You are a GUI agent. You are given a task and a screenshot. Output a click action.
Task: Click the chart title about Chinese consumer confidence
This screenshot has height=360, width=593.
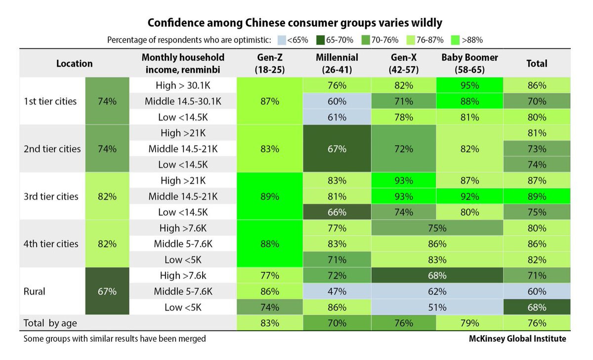tap(295, 23)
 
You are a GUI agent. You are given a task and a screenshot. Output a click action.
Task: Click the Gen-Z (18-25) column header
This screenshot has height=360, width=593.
tap(270, 63)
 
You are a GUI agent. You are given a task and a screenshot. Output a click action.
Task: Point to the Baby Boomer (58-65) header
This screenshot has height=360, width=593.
tap(469, 63)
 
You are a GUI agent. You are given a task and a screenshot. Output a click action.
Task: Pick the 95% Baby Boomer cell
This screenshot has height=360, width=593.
tap(469, 85)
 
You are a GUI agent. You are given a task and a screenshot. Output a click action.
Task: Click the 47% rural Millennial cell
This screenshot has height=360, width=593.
tap(337, 291)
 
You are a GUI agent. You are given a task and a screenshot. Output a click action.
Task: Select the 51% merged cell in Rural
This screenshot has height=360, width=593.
tap(437, 307)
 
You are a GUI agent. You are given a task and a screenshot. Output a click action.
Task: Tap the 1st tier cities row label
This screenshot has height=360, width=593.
tap(50, 101)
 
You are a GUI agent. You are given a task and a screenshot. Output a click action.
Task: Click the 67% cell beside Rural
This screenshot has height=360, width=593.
tap(107, 291)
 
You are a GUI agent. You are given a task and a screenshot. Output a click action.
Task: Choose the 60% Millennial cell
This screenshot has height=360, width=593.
tap(337, 101)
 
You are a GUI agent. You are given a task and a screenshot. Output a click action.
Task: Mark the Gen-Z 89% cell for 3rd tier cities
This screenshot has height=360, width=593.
tap(270, 196)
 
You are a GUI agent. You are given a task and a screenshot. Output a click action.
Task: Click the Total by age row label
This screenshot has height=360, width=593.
tap(50, 323)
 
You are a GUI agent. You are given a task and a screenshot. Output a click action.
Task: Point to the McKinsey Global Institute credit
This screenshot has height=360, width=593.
tap(517, 339)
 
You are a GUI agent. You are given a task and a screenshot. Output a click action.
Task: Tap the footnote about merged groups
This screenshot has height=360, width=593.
tap(114, 339)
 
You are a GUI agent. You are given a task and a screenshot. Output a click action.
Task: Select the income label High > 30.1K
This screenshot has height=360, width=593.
tap(182, 85)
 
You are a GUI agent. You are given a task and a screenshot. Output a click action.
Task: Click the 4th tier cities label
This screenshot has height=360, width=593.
tap(51, 243)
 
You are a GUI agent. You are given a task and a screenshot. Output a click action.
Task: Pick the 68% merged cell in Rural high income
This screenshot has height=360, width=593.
tap(437, 276)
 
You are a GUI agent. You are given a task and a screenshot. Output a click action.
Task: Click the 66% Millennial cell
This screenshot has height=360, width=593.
tap(337, 212)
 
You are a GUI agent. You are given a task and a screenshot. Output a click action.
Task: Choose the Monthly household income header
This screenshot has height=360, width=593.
tap(182, 63)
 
